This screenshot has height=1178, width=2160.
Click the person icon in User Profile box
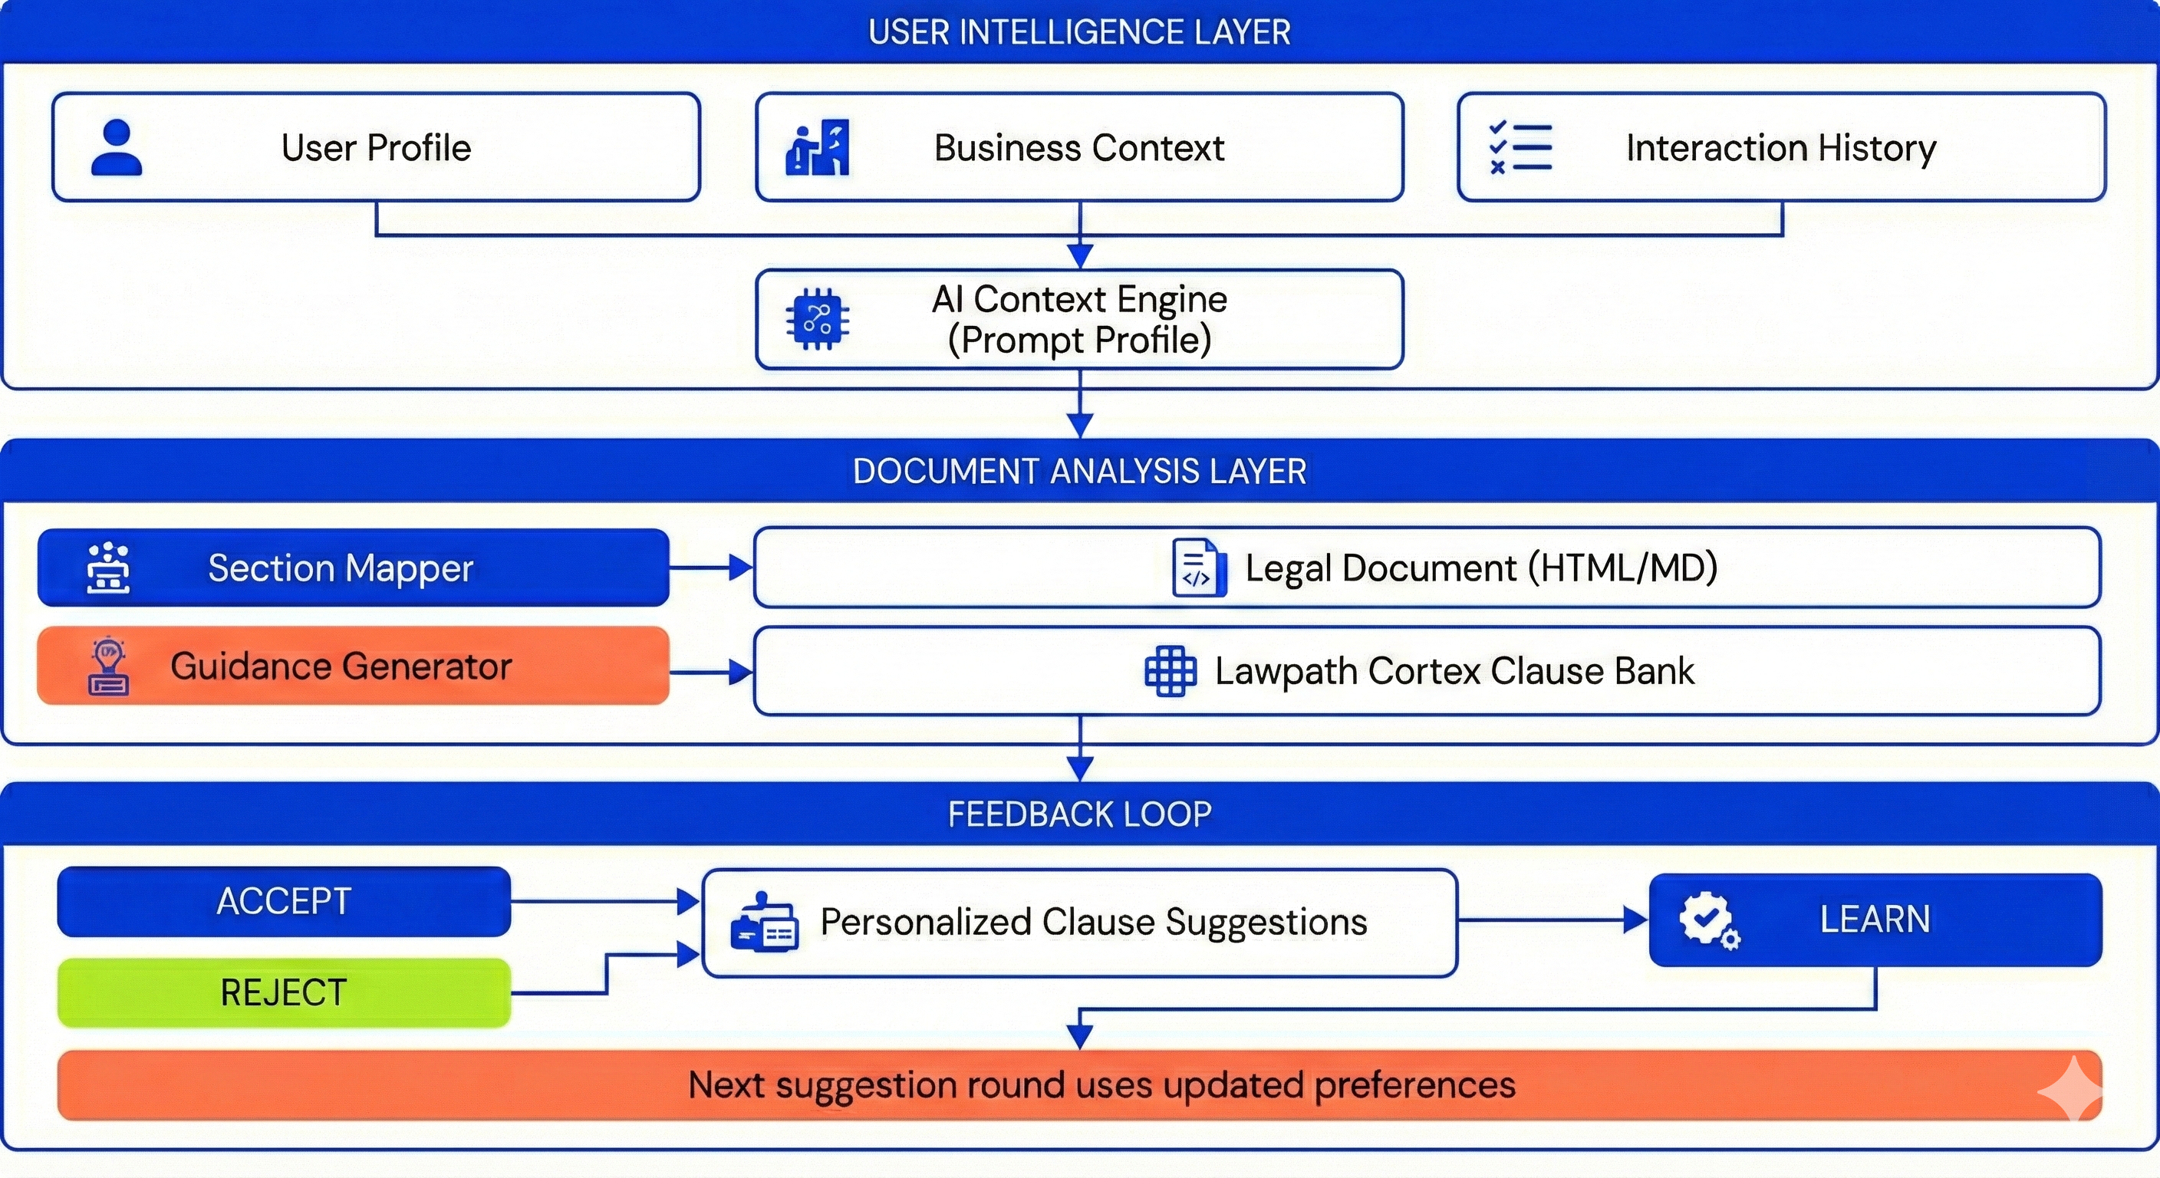pyautogui.click(x=116, y=147)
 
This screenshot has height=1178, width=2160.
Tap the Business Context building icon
pyautogui.click(x=817, y=147)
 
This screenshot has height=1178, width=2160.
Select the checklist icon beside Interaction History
pyautogui.click(x=1520, y=147)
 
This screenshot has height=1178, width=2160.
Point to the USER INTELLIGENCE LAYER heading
pyautogui.click(x=1079, y=32)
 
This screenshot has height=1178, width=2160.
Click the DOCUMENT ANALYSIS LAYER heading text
pyautogui.click(x=1079, y=471)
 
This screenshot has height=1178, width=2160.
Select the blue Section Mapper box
pyautogui.click(x=353, y=568)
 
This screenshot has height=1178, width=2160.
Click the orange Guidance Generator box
pyautogui.click(x=353, y=666)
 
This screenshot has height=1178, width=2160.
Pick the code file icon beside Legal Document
pyautogui.click(x=1198, y=568)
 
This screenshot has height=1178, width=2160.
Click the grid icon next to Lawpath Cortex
pyautogui.click(x=1171, y=671)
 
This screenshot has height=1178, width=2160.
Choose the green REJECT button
pyautogui.click(x=283, y=992)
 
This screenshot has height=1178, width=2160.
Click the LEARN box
pyautogui.click(x=1875, y=920)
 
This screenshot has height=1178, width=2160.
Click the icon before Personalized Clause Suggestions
pyautogui.click(x=764, y=923)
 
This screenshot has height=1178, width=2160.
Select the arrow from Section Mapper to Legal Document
pyautogui.click(x=711, y=568)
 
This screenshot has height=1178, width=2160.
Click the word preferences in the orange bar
pyautogui.click(x=1414, y=1085)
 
